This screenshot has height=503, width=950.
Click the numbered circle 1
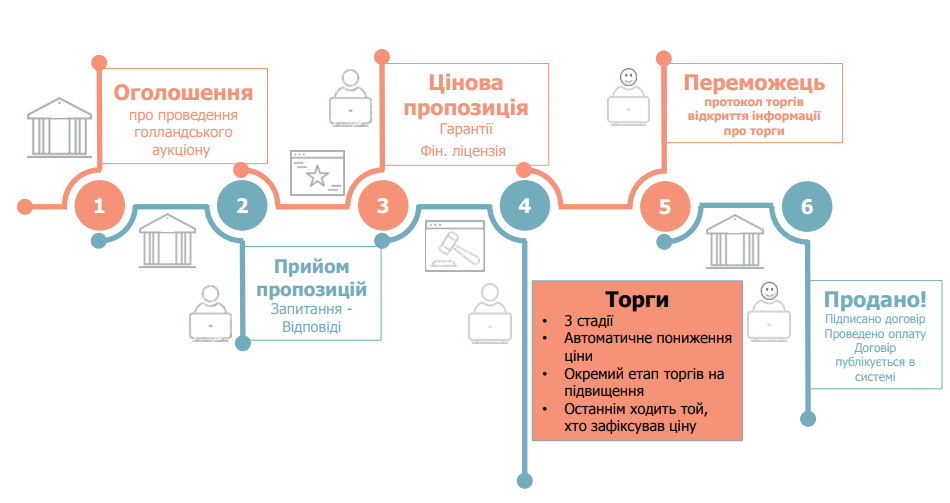click(99, 206)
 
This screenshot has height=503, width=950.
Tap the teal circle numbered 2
click(242, 206)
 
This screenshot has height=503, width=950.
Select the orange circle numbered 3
click(383, 206)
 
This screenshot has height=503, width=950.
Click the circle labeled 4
click(525, 206)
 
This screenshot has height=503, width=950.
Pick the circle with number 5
click(665, 206)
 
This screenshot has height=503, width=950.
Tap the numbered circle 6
click(807, 206)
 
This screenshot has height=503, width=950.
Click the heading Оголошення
click(182, 93)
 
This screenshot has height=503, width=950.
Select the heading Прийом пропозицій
click(311, 278)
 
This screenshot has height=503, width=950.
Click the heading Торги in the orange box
click(637, 299)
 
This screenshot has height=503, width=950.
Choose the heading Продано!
click(875, 299)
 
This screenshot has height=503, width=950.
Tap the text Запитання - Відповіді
click(311, 318)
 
